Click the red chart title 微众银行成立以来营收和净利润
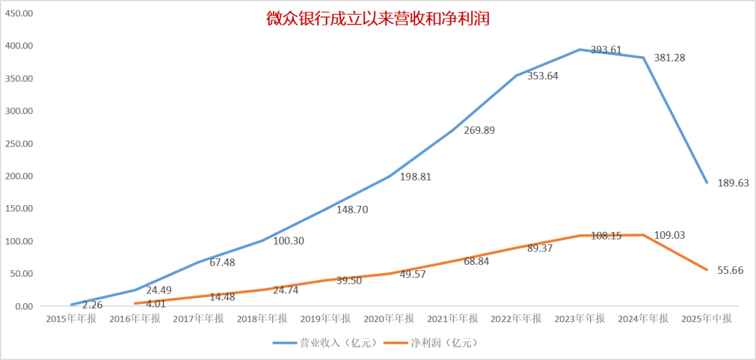pyautogui.click(x=377, y=19)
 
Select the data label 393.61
pyautogui.click(x=605, y=50)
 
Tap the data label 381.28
pyautogui.click(x=669, y=57)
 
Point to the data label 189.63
pyautogui.click(x=733, y=183)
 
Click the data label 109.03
pyautogui.click(x=669, y=235)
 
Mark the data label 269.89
pyautogui.click(x=479, y=130)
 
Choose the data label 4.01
pyautogui.click(x=156, y=304)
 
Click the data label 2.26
pyautogui.click(x=93, y=305)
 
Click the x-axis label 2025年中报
pyautogui.click(x=707, y=319)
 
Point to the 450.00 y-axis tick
pyautogui.click(x=20, y=13)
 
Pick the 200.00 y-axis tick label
pyautogui.click(x=20, y=176)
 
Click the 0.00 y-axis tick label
pyautogui.click(x=22, y=306)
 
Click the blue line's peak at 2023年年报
pyautogui.click(x=580, y=49)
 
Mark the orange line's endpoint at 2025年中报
pyautogui.click(x=707, y=270)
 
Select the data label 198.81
pyautogui.click(x=415, y=176)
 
